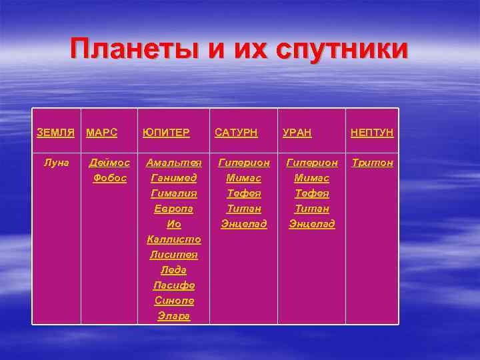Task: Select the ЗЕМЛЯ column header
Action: pyautogui.click(x=55, y=133)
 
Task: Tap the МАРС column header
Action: pyautogui.click(x=102, y=133)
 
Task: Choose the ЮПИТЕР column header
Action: pyautogui.click(x=166, y=133)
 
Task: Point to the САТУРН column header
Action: pyautogui.click(x=236, y=133)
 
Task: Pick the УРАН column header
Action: pyautogui.click(x=297, y=133)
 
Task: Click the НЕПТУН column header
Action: pyautogui.click(x=372, y=133)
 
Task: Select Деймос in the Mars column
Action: pyautogui.click(x=110, y=163)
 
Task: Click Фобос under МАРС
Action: pyautogui.click(x=110, y=178)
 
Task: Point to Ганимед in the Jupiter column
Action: pyautogui.click(x=174, y=178)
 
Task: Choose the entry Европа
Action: pyautogui.click(x=174, y=209)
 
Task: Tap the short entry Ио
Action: pyautogui.click(x=174, y=224)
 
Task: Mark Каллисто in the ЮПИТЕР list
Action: pyautogui.click(x=174, y=239)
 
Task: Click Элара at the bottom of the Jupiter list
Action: pyautogui.click(x=174, y=316)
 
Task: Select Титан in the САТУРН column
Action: pyautogui.click(x=244, y=209)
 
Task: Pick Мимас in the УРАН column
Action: pyautogui.click(x=312, y=178)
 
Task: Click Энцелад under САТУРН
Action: pyautogui.click(x=244, y=224)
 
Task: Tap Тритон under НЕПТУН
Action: pyautogui.click(x=372, y=163)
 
